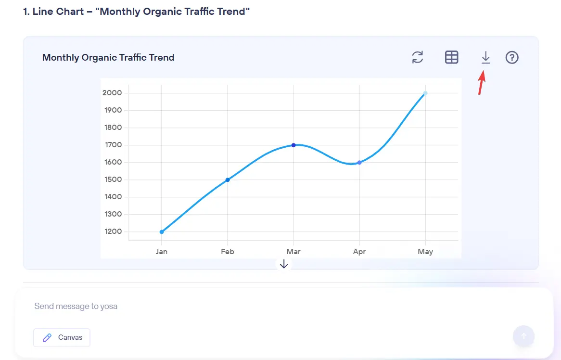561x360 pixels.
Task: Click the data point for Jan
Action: pos(162,232)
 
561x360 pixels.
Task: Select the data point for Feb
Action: pos(228,180)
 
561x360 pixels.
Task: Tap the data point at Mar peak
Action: pos(293,145)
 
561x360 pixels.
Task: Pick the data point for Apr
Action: pos(359,163)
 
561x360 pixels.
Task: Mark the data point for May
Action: pos(425,93)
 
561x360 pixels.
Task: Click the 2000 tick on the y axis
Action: pos(112,93)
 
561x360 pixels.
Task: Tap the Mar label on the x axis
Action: pos(293,252)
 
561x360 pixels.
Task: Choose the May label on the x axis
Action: pos(425,252)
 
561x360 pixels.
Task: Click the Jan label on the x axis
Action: pos(162,252)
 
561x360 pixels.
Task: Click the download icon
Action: pos(485,58)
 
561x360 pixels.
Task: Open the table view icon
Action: pos(451,58)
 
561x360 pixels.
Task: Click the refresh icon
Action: pos(418,58)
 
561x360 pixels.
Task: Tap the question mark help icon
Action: pos(512,58)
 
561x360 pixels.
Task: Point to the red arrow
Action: pos(482,83)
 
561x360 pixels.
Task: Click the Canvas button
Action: pos(62,337)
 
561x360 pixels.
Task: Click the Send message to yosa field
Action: pos(241,306)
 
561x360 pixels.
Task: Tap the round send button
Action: pos(523,336)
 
